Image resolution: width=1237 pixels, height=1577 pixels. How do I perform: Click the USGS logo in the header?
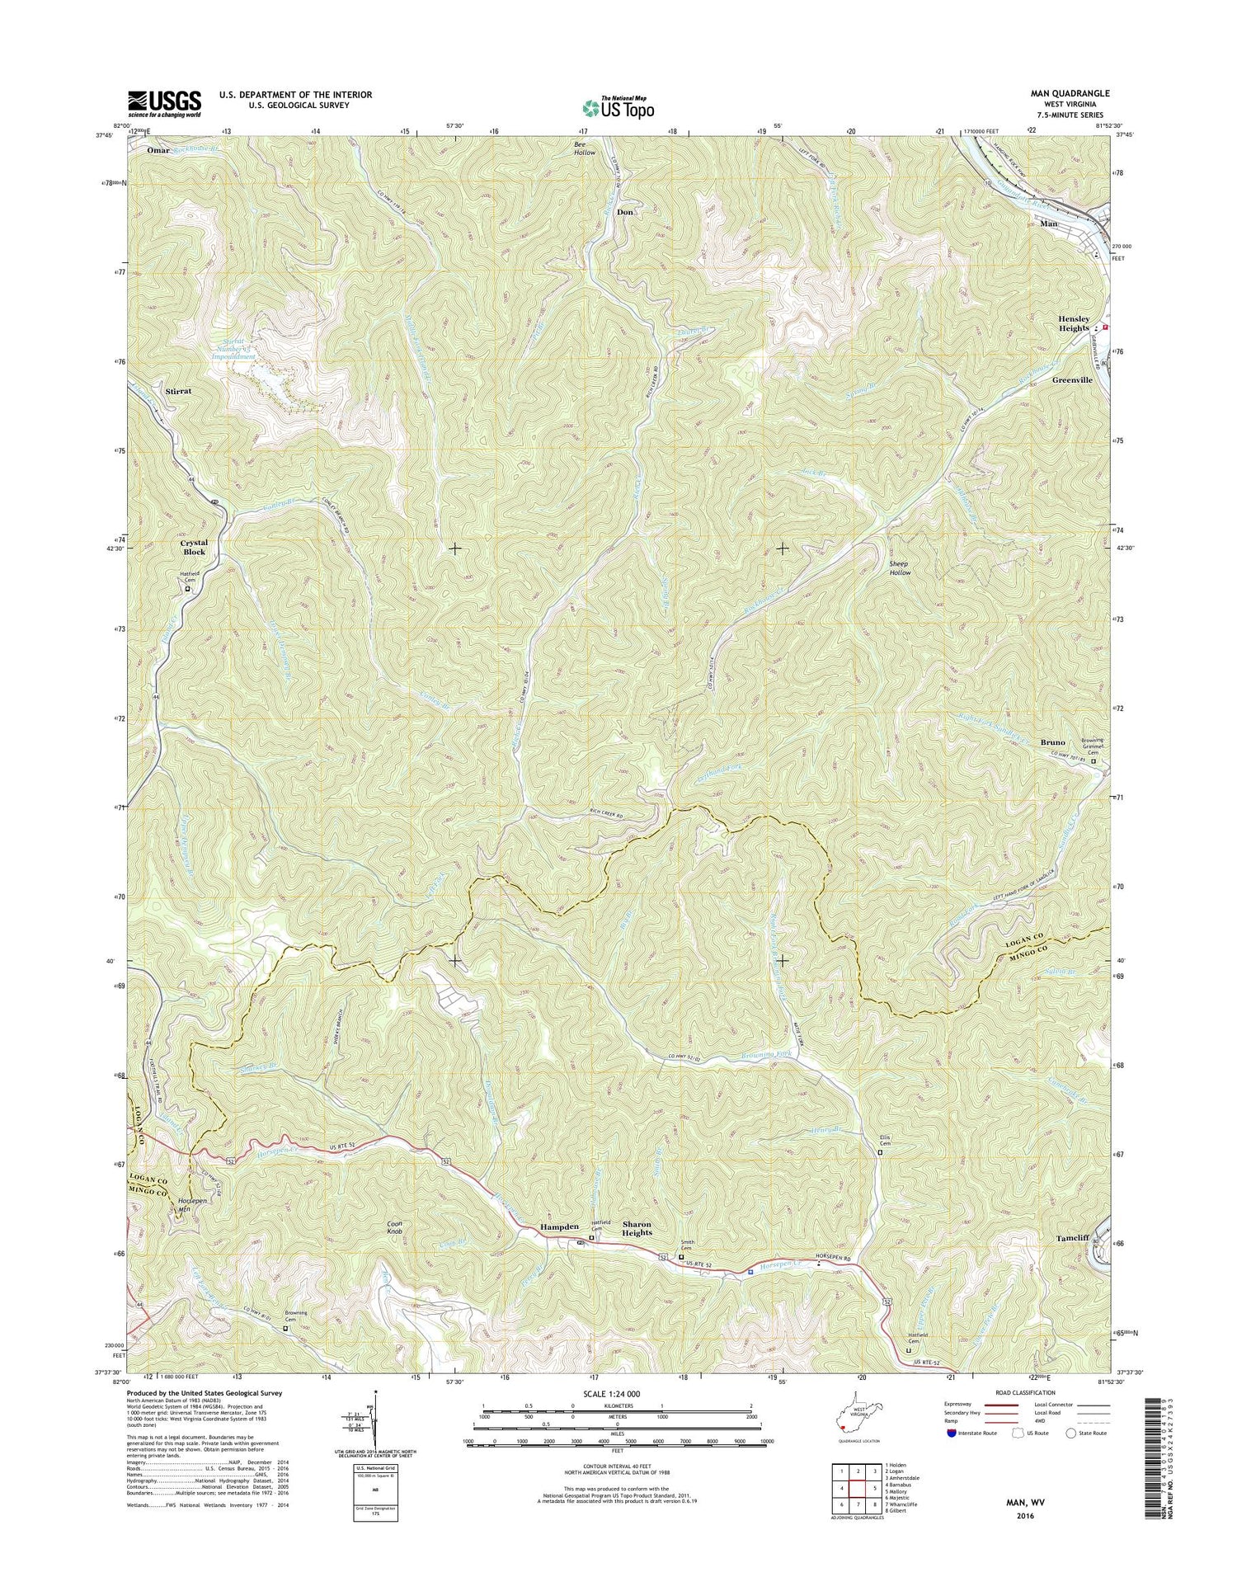pyautogui.click(x=164, y=103)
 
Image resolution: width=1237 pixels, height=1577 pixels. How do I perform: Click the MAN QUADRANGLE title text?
pyautogui.click(x=1069, y=93)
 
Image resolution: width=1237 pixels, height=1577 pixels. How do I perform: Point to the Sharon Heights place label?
pyautogui.click(x=637, y=1227)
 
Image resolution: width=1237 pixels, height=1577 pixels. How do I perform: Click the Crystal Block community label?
pyautogui.click(x=194, y=548)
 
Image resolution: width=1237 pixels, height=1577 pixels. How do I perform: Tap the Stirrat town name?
pyautogui.click(x=178, y=391)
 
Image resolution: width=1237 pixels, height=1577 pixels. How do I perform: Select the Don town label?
pyautogui.click(x=625, y=212)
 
